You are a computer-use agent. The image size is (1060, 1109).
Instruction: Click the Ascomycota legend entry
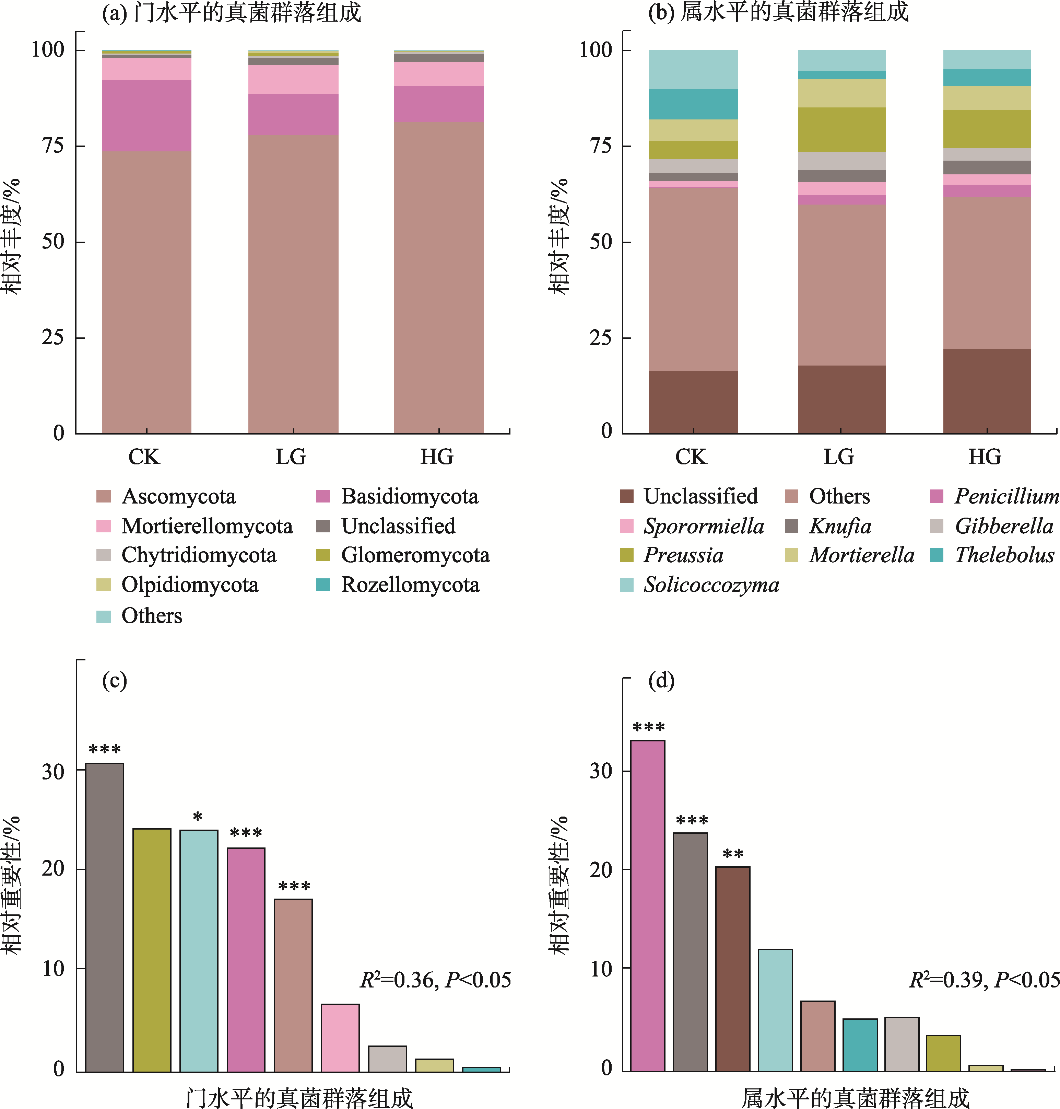[178, 496]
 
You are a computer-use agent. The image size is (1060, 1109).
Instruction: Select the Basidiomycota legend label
[409, 496]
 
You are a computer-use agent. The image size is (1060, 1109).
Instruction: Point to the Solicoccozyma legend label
[711, 585]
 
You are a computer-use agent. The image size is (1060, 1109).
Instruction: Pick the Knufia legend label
[840, 526]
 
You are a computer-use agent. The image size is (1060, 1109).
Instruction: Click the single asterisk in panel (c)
[198, 817]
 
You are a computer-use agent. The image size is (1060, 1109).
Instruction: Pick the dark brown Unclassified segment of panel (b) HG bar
[987, 391]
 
